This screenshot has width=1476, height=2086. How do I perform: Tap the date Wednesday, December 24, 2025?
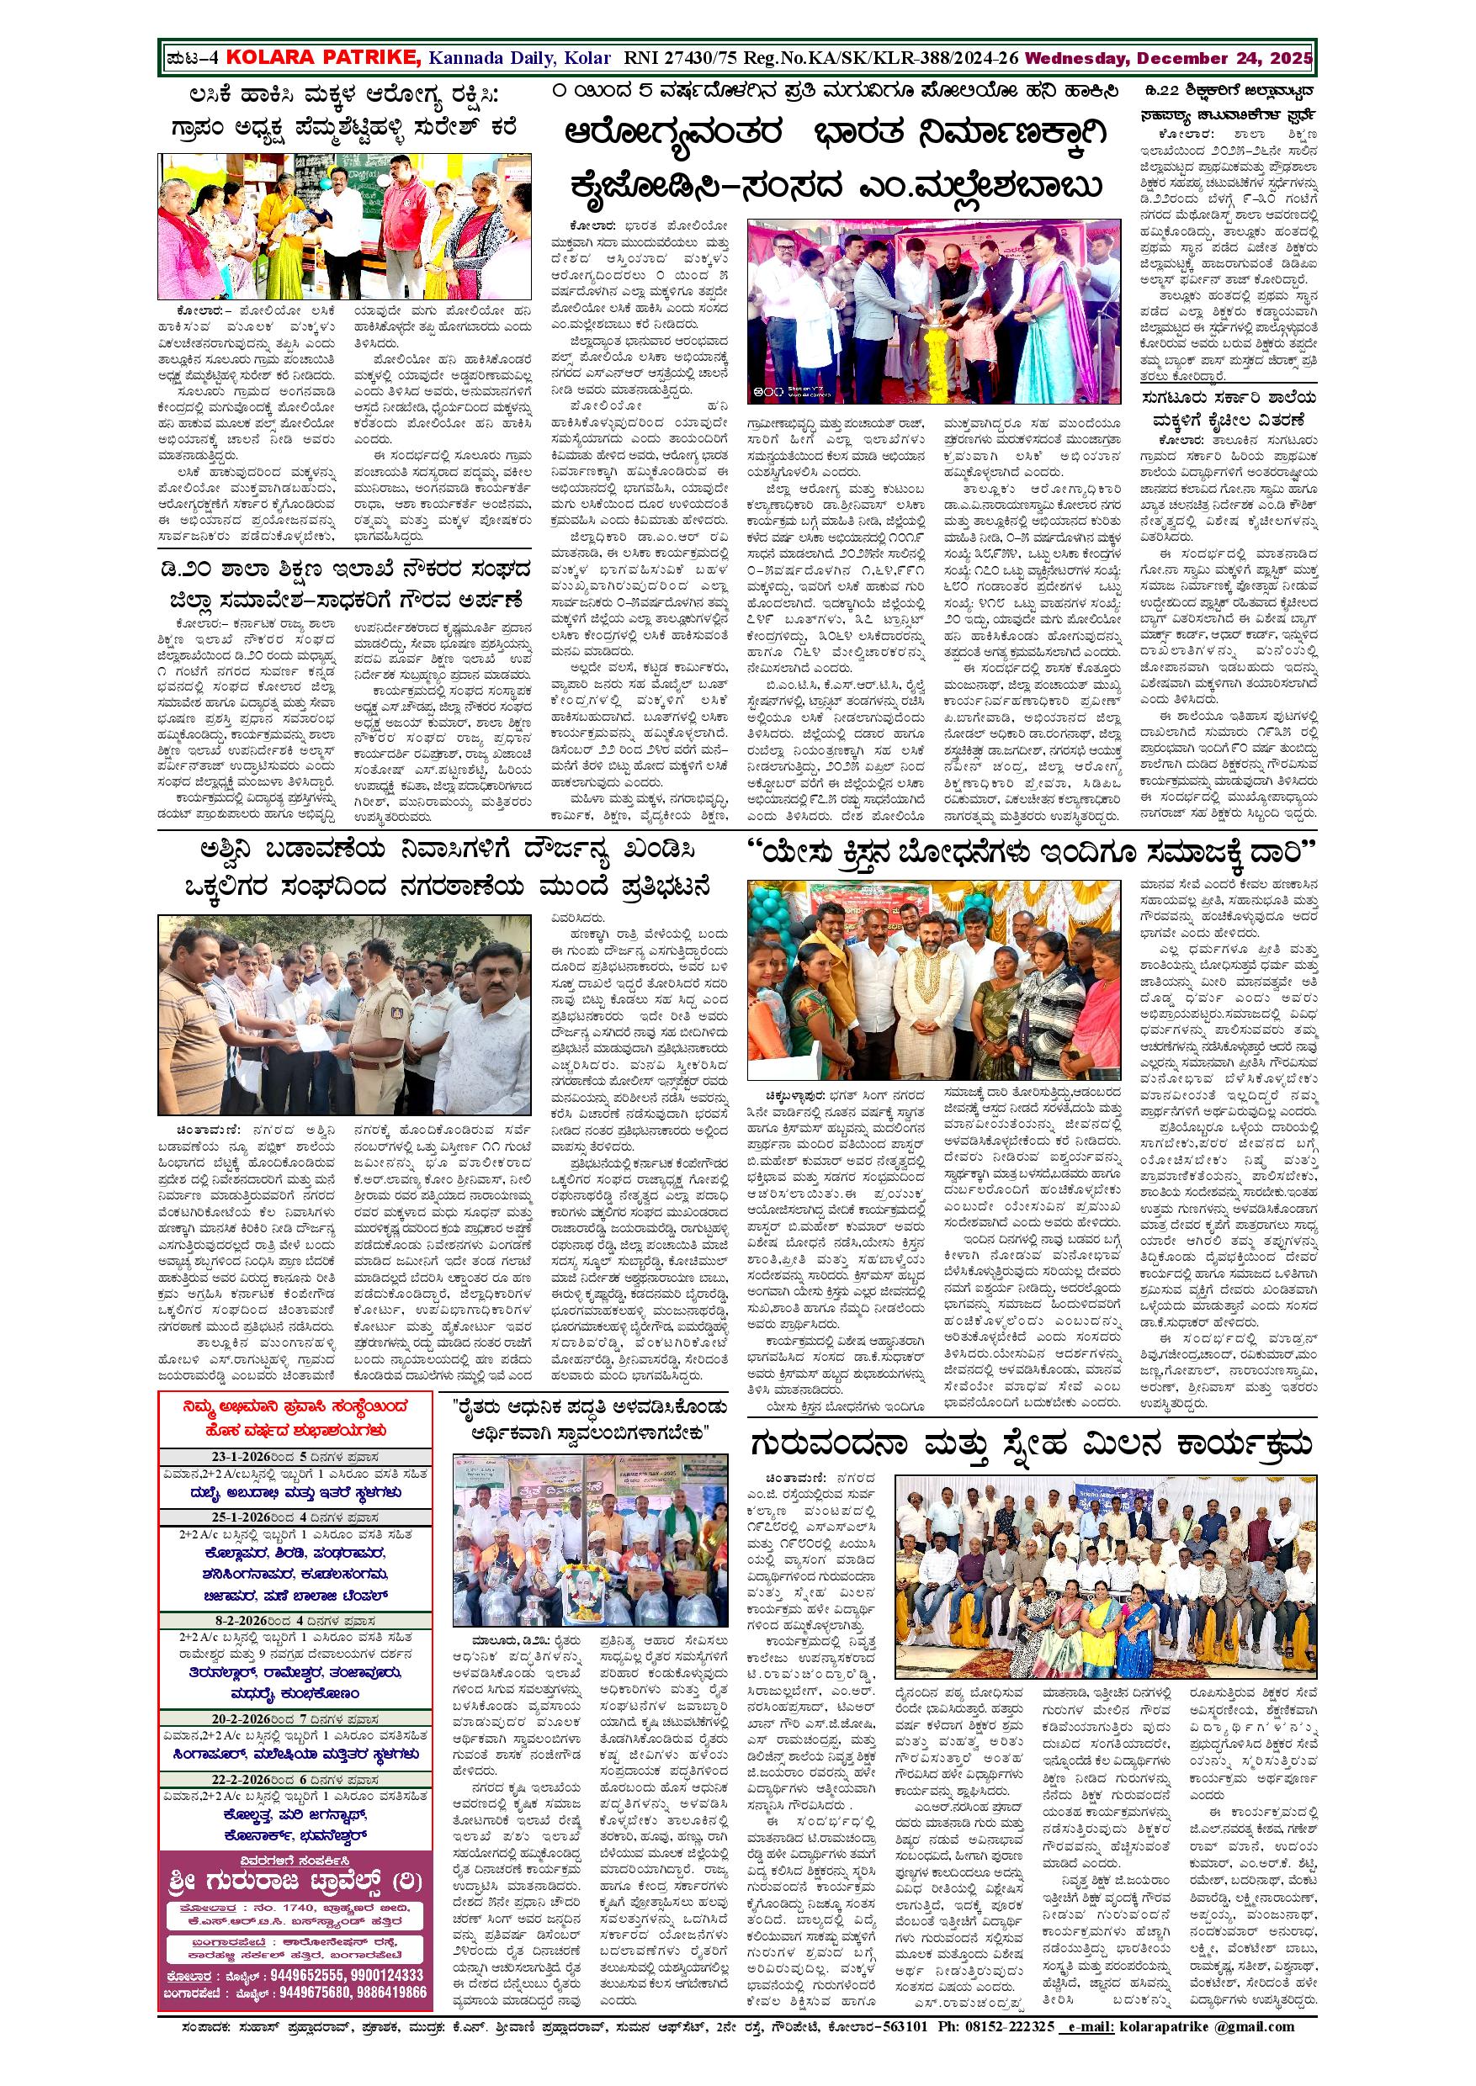tap(1168, 58)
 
